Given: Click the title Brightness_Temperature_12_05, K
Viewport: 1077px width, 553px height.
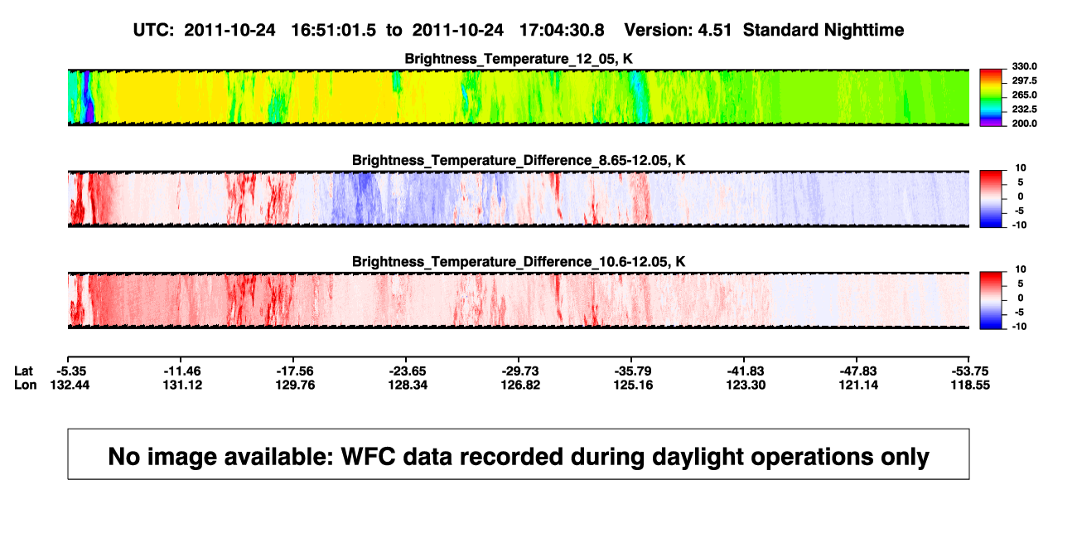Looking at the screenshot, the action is [x=519, y=59].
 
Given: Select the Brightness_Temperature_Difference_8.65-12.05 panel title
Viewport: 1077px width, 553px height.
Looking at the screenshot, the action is [x=519, y=160].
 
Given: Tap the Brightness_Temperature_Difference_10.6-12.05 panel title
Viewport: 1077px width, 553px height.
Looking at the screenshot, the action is [x=519, y=262].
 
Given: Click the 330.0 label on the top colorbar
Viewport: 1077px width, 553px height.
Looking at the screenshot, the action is [x=1024, y=66].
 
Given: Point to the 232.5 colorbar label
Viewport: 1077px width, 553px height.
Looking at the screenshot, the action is [x=1024, y=109].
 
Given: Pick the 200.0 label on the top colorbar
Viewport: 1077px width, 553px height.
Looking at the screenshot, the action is [x=1024, y=124].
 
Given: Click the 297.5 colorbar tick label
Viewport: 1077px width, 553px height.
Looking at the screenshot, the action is [x=1024, y=80].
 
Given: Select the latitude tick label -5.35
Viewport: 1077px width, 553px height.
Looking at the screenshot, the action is [x=71, y=371].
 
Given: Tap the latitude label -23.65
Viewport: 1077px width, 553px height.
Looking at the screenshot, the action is [x=408, y=371].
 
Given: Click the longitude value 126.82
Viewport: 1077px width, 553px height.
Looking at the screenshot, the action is [x=520, y=385].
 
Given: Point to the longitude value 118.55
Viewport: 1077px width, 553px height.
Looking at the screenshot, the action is [x=970, y=385].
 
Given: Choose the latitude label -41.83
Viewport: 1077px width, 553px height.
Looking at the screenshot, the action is [x=746, y=371].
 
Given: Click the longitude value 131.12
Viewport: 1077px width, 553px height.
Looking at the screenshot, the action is [x=182, y=385].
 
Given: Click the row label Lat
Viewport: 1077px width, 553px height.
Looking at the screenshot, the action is [x=23, y=371].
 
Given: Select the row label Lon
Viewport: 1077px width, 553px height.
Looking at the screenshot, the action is [x=26, y=385].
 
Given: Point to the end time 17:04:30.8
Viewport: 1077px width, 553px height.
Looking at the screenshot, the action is [x=562, y=30].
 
